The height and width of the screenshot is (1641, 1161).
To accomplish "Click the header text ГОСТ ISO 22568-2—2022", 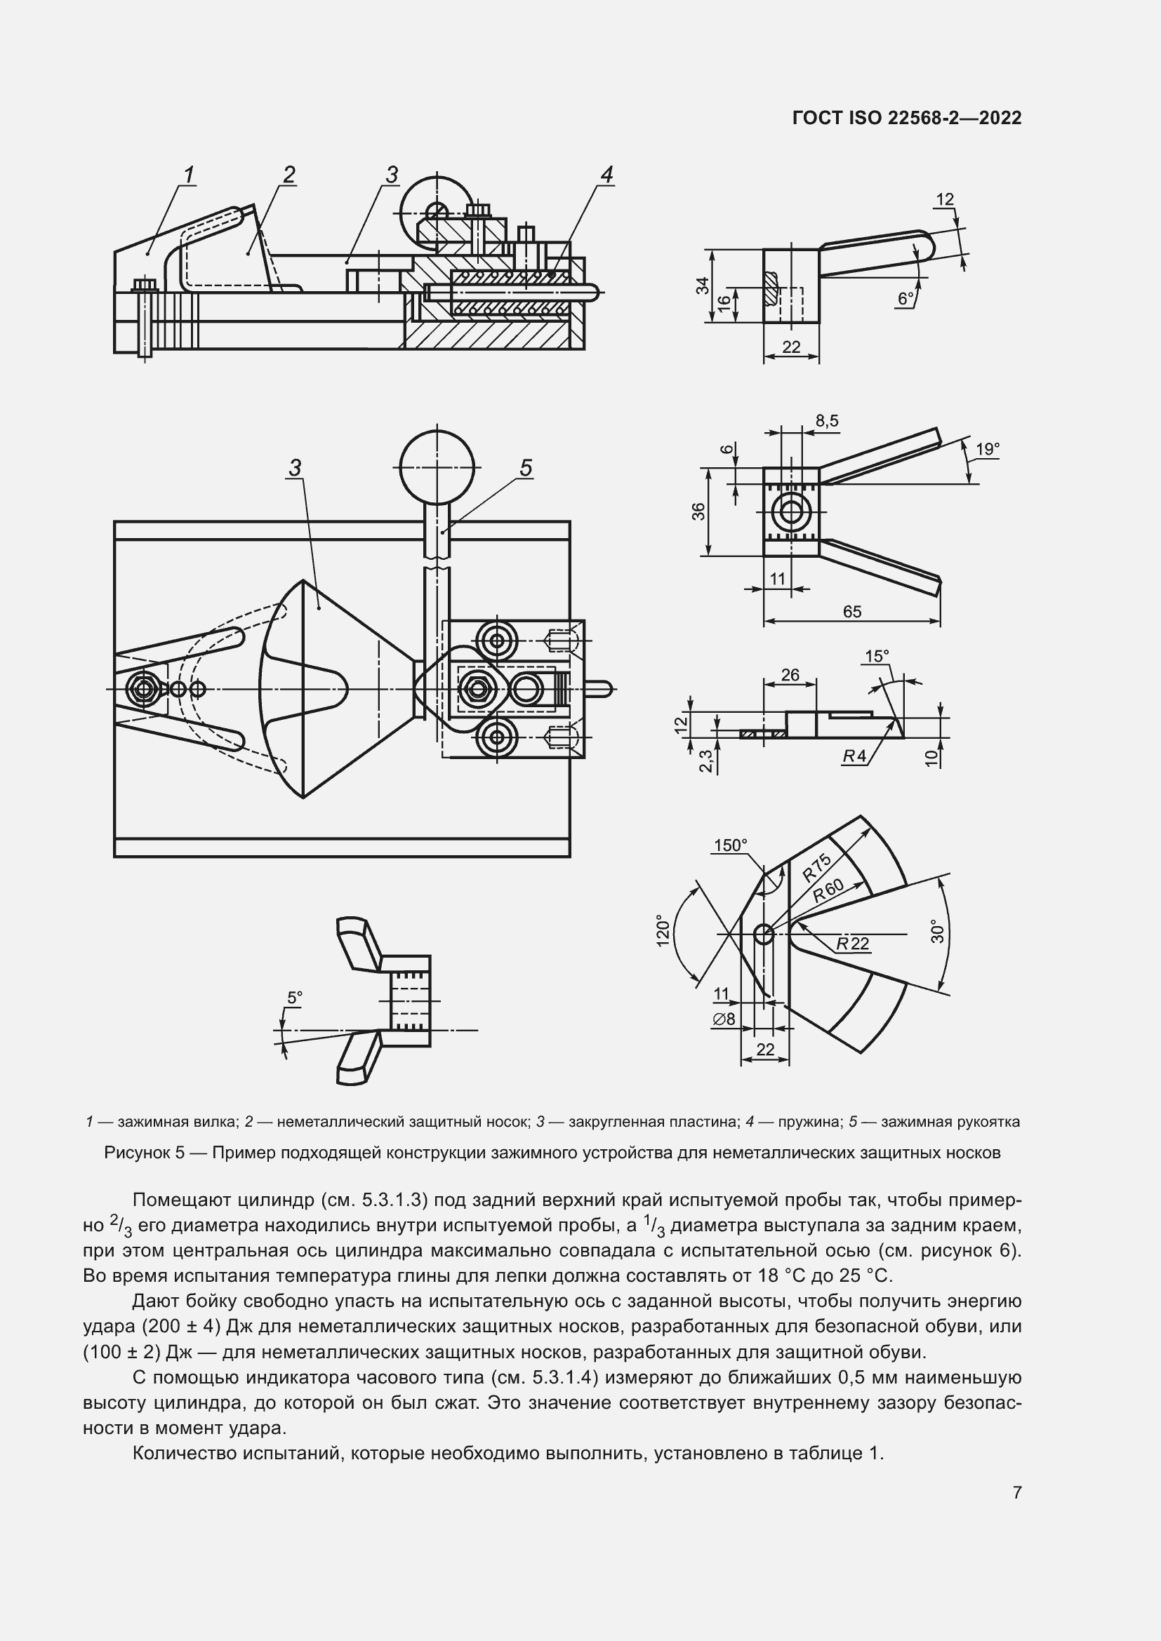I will [x=906, y=118].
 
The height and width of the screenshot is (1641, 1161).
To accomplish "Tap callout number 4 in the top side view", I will [x=606, y=174].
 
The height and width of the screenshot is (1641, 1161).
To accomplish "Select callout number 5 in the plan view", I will [x=526, y=468].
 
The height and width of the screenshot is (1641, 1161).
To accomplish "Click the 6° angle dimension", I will [x=905, y=299].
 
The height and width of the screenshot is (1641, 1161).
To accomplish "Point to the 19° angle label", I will [x=988, y=449].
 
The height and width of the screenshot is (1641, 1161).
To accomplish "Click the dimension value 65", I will [x=851, y=612].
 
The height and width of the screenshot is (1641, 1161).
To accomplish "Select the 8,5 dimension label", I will [x=826, y=421].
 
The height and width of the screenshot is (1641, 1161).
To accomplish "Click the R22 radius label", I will [x=853, y=944].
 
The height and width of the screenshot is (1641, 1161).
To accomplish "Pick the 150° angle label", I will [x=730, y=845].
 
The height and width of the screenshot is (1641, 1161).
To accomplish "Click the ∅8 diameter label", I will [x=723, y=1019].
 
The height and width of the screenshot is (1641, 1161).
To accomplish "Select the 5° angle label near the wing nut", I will [x=295, y=997].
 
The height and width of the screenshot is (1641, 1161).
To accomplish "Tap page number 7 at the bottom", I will [x=1016, y=1492].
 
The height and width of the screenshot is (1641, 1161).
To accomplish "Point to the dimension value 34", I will [x=703, y=284].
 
